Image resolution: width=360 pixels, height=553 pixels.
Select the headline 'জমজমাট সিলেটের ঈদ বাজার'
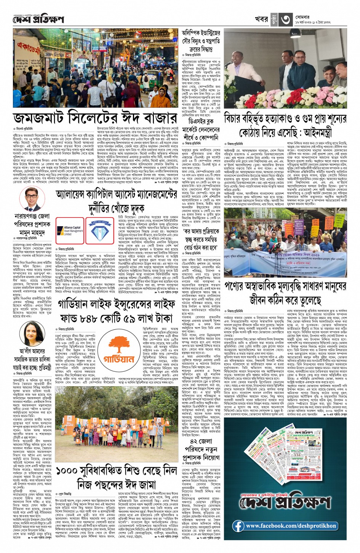pyautogui.click(x=95, y=118)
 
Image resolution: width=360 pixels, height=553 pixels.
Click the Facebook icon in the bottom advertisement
pyautogui.click(x=238, y=526)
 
